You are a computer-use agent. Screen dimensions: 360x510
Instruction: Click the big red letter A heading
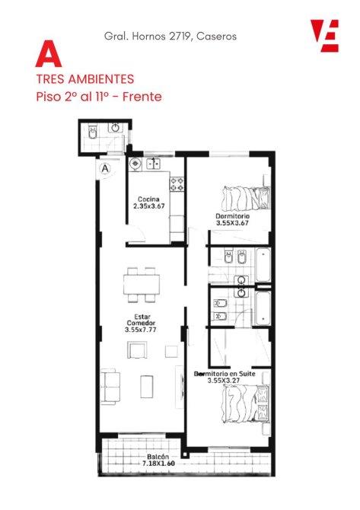[x=49, y=54]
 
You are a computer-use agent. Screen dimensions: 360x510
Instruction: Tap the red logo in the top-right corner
[x=324, y=36]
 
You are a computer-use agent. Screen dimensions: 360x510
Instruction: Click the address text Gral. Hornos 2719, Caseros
[x=170, y=36]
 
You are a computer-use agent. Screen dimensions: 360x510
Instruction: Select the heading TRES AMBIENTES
[x=85, y=79]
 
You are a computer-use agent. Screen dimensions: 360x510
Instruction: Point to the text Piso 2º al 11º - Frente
[x=99, y=97]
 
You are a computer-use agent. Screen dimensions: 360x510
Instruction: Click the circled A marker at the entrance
[x=105, y=169]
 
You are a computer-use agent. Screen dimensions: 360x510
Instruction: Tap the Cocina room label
[x=148, y=199]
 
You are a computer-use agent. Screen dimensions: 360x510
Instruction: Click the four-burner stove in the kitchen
[x=177, y=183]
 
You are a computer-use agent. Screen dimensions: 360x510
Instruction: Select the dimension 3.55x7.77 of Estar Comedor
[x=141, y=330]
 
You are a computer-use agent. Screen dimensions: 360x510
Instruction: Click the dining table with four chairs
[x=142, y=285]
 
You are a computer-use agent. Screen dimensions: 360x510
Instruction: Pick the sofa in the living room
[x=110, y=387]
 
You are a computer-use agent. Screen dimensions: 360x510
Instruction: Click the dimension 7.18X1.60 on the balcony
[x=158, y=463]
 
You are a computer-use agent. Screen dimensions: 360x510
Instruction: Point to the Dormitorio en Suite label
[x=225, y=374]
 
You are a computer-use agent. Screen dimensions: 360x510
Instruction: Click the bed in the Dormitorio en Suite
[x=246, y=403]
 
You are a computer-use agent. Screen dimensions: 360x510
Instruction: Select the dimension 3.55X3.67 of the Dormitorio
[x=233, y=223]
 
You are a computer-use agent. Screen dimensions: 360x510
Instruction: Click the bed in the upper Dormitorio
[x=246, y=199]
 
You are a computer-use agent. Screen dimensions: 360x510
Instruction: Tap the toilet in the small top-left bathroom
[x=93, y=132]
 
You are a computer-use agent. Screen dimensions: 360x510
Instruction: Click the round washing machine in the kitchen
[x=135, y=164]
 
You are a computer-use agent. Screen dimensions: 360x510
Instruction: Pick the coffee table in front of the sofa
[x=147, y=387]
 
